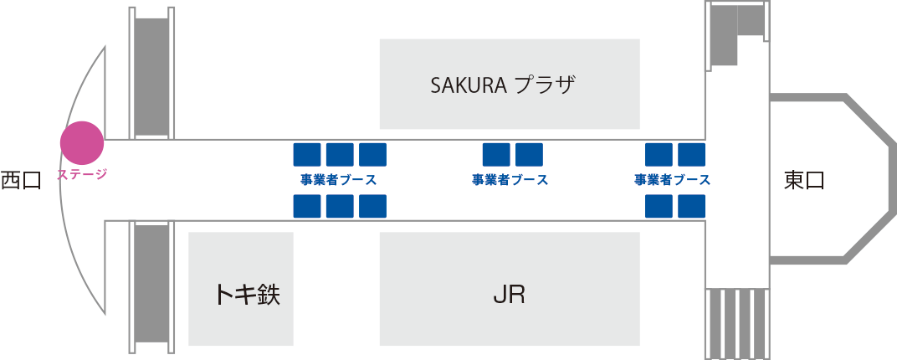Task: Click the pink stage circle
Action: pos(82,142)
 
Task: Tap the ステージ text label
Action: pos(82,175)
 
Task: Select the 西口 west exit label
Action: pos(21,180)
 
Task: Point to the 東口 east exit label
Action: pos(804,180)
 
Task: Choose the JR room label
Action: pos(509,295)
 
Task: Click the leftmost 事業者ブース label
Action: pos(339,180)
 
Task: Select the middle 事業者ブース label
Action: pos(510,180)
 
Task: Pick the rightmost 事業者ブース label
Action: pos(673,180)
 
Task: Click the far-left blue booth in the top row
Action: pos(307,154)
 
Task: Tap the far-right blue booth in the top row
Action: pos(691,154)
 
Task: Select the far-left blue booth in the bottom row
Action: pos(307,206)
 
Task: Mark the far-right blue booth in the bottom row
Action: pos(691,206)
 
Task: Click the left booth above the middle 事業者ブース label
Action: pos(496,154)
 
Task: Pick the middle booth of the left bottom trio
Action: pos(340,206)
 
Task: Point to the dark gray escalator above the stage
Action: pos(151,75)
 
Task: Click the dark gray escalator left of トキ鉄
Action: pos(151,283)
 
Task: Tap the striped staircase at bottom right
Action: pos(737,323)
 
